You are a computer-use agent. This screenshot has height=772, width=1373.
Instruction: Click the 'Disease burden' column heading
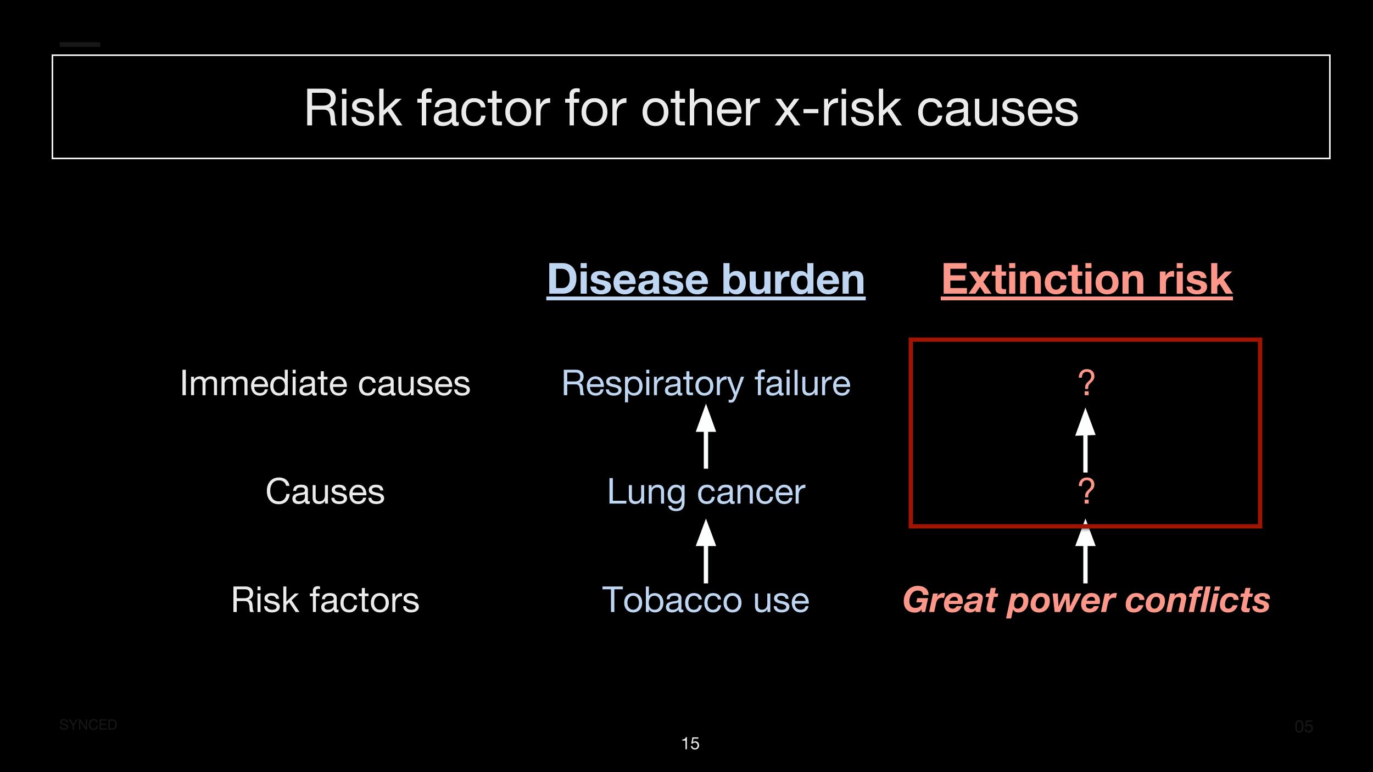click(706, 279)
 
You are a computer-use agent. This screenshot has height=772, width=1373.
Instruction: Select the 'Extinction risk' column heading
click(1086, 279)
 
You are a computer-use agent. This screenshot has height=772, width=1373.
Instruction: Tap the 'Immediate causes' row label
click(325, 383)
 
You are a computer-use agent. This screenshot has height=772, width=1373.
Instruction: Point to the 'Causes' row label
click(325, 491)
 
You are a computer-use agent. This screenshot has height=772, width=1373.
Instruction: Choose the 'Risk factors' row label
click(325, 599)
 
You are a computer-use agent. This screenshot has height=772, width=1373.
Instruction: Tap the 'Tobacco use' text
click(706, 599)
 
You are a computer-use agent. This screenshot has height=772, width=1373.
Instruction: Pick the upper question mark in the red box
click(1086, 383)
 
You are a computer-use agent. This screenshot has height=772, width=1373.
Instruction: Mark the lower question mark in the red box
click(1086, 491)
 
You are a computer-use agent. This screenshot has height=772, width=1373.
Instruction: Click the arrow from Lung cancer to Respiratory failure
click(706, 437)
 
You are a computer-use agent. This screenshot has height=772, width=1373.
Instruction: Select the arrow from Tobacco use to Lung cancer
click(706, 551)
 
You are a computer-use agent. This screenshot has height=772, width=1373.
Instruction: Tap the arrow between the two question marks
click(1085, 440)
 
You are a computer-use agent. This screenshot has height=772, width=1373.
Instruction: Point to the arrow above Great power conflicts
click(1085, 551)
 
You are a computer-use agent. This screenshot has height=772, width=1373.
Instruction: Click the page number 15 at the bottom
click(690, 743)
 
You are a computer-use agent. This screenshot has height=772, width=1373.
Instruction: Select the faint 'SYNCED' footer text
click(88, 725)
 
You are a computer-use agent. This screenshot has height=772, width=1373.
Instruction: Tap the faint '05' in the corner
click(1304, 726)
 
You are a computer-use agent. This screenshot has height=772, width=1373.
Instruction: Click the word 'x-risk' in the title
click(838, 108)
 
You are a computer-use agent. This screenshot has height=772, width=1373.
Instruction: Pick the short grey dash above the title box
click(80, 44)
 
